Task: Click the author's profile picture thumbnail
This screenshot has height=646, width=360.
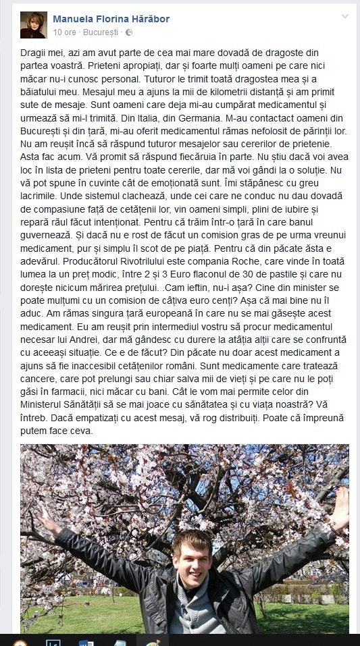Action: pyautogui.click(x=34, y=25)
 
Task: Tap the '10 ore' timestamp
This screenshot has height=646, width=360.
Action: pyautogui.click(x=63, y=32)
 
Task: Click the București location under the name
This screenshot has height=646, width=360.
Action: pyautogui.click(x=100, y=32)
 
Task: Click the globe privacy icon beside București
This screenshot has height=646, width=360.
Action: pyautogui.click(x=129, y=32)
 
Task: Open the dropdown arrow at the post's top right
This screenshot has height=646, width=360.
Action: pyautogui.click(x=345, y=16)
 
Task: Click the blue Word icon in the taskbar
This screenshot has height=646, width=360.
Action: pyautogui.click(x=86, y=641)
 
